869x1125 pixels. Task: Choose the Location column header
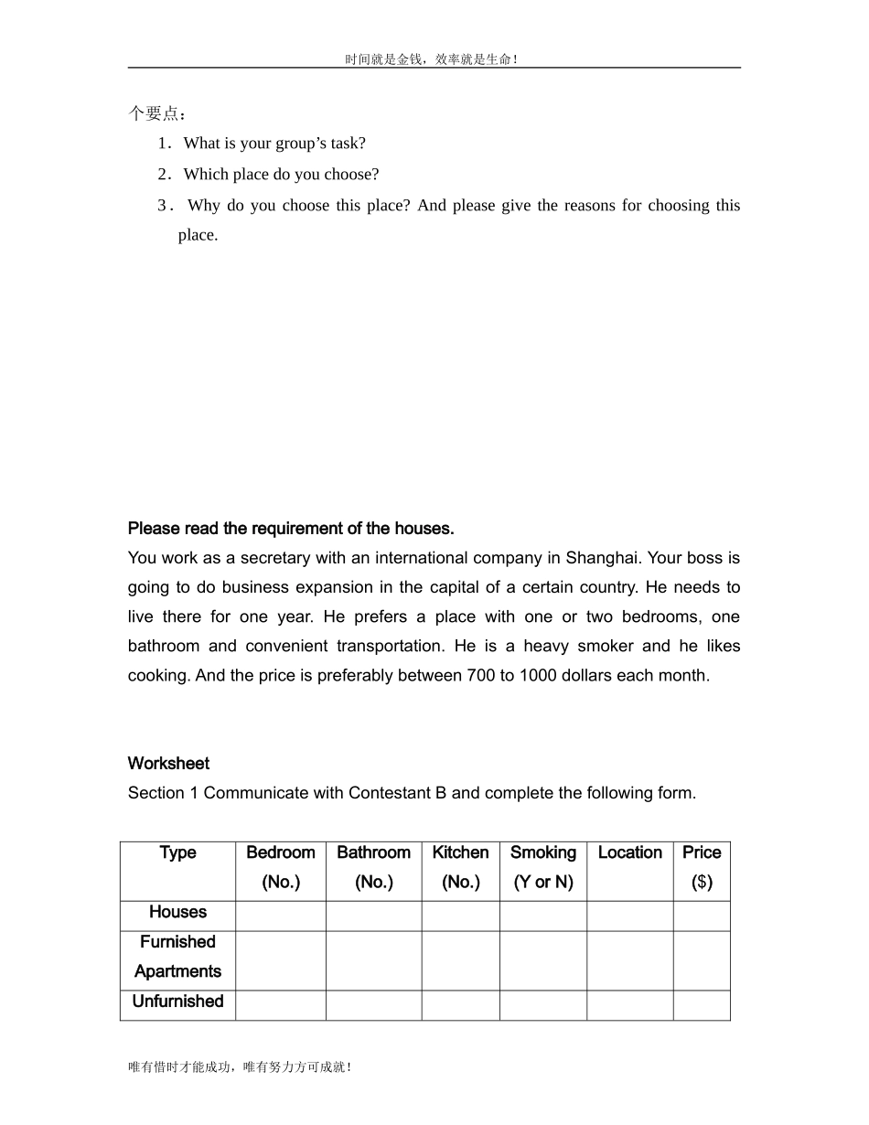(x=629, y=852)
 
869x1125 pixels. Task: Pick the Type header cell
(x=177, y=852)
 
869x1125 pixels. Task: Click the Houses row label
(x=177, y=912)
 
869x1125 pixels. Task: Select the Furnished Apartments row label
(x=177, y=957)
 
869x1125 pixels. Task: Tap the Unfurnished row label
(x=177, y=1002)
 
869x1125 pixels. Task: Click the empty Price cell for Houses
(x=702, y=916)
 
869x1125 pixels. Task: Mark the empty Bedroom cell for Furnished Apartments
(x=281, y=961)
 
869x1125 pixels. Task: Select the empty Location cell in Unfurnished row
(x=629, y=1005)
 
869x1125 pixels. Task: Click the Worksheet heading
(x=168, y=764)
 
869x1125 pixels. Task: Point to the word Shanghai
(x=604, y=558)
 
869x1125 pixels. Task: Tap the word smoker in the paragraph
(x=605, y=647)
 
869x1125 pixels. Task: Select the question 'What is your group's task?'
(x=274, y=144)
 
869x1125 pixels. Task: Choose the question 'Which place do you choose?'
(x=281, y=175)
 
